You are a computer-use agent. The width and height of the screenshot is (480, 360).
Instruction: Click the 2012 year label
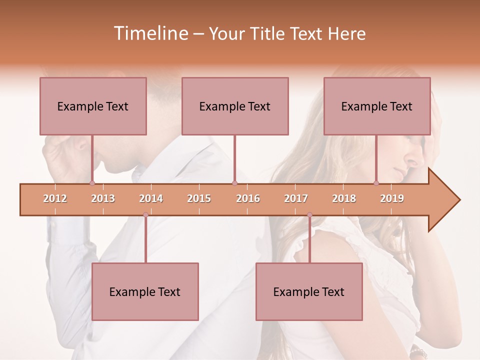pos(55,198)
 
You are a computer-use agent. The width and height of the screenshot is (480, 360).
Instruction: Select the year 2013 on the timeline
pos(103,198)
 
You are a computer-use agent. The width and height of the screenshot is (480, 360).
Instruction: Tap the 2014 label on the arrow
pos(151,198)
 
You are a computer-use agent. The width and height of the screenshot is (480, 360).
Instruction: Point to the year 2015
pos(199,198)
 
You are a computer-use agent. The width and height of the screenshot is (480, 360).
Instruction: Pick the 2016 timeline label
pos(248,198)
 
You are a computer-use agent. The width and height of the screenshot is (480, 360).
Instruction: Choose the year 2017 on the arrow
pos(296,198)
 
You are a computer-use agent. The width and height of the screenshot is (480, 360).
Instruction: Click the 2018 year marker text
pos(344,198)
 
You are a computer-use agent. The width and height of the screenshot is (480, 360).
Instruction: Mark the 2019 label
pos(392,198)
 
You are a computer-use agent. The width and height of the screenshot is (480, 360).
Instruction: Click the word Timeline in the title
pos(150,33)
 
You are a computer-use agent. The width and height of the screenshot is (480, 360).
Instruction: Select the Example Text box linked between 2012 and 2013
pos(93,106)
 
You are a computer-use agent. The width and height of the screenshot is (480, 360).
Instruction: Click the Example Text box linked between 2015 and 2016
pos(235,106)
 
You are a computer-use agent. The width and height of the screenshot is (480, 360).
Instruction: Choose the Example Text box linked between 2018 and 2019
pos(377,106)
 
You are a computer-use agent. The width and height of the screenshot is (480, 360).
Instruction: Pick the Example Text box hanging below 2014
pos(145,291)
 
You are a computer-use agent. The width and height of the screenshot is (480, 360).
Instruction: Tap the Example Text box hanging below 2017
pos(309,291)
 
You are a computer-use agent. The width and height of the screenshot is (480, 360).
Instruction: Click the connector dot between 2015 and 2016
pos(234,183)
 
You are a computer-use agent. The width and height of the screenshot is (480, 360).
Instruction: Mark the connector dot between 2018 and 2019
pos(376,183)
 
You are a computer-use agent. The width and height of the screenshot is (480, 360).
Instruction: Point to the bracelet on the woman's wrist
pos(418,353)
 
